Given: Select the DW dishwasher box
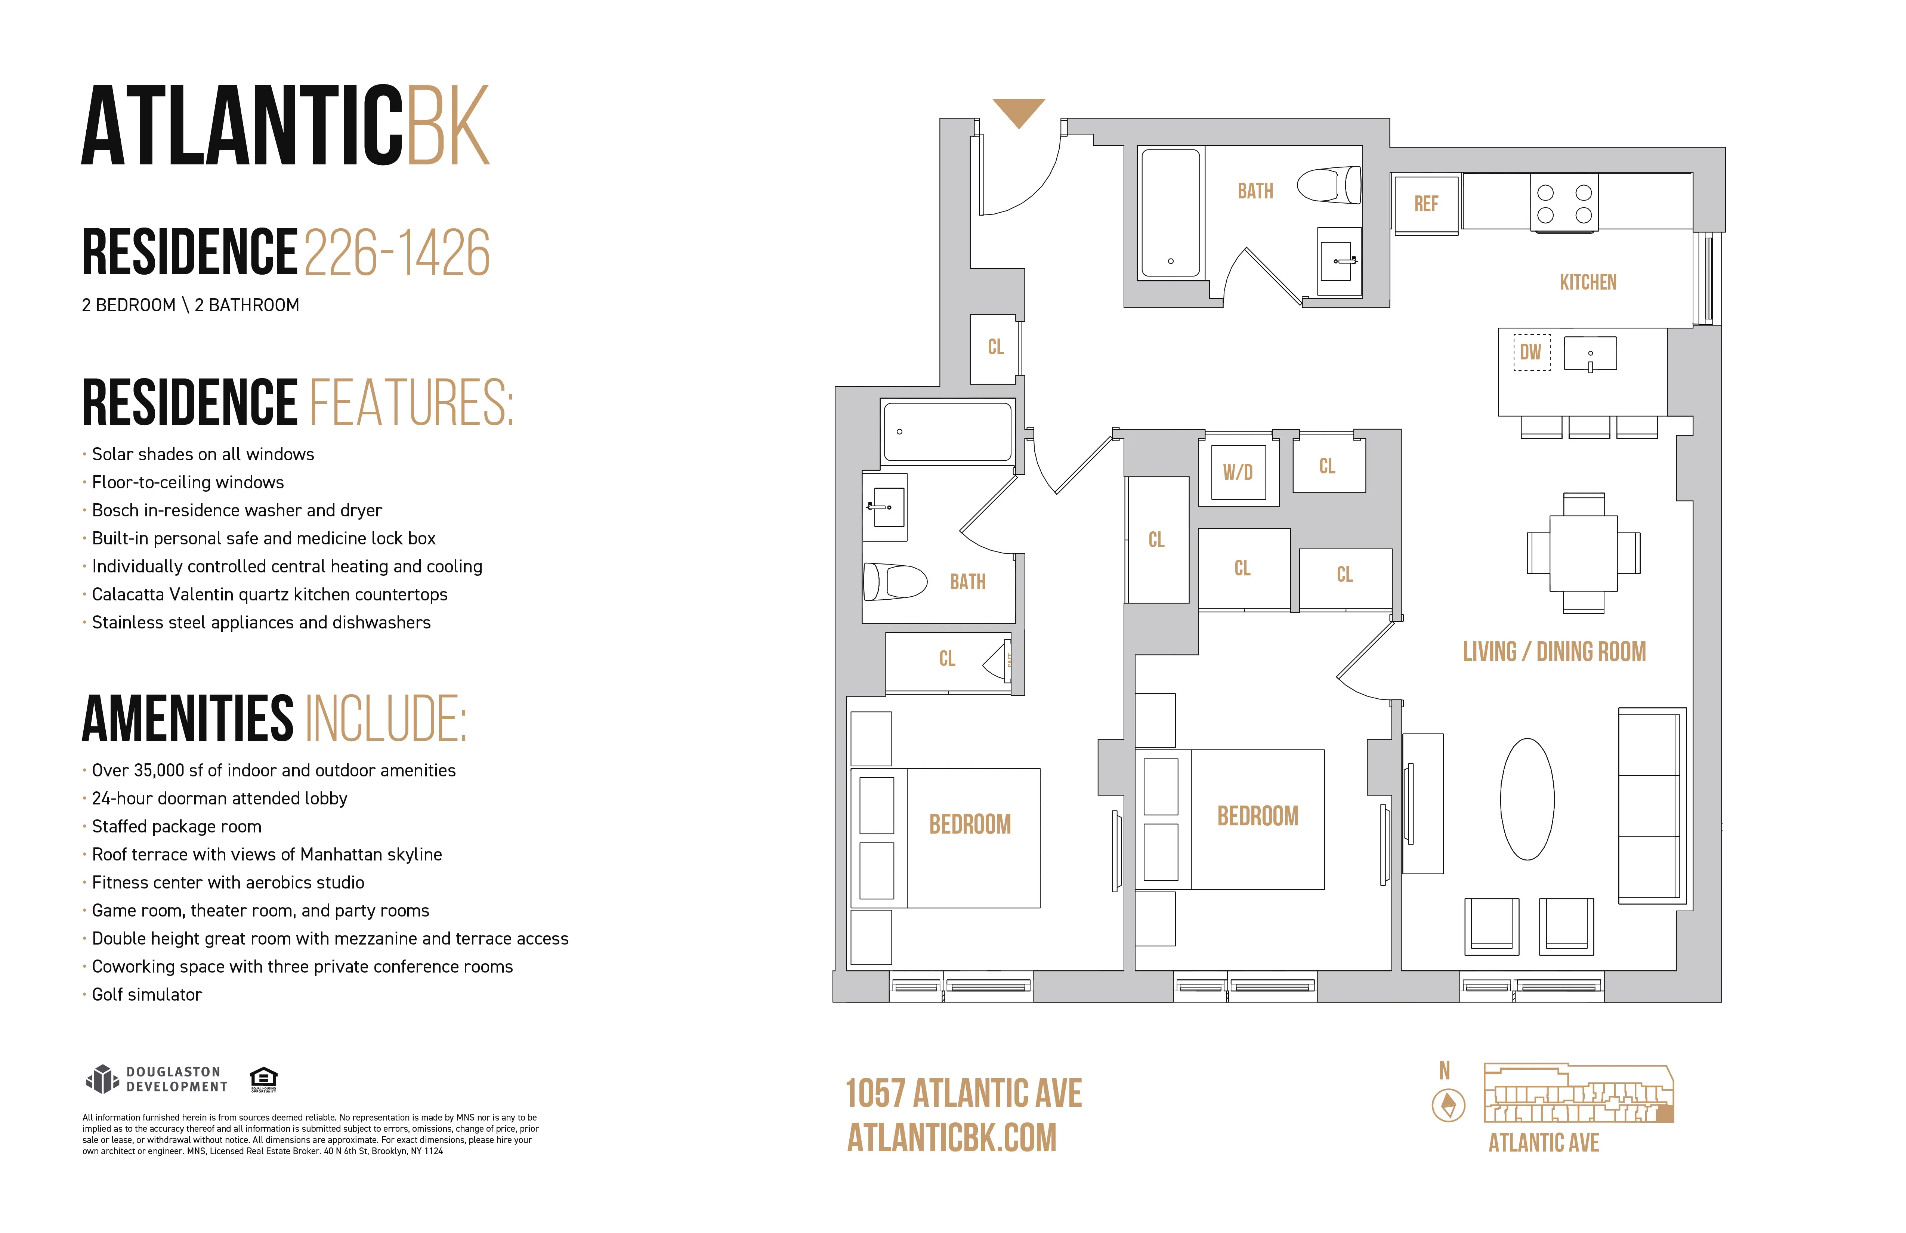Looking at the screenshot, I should (1530, 352).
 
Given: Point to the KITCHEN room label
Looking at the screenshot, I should (1587, 282).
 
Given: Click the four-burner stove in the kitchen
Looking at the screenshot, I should (1564, 203).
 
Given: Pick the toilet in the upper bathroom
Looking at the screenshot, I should (1329, 185).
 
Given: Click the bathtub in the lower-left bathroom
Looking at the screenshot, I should (947, 432).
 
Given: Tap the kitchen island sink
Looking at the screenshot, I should (1590, 353).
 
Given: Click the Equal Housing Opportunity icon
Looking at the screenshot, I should (263, 1078).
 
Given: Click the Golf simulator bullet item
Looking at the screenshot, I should (146, 994).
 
